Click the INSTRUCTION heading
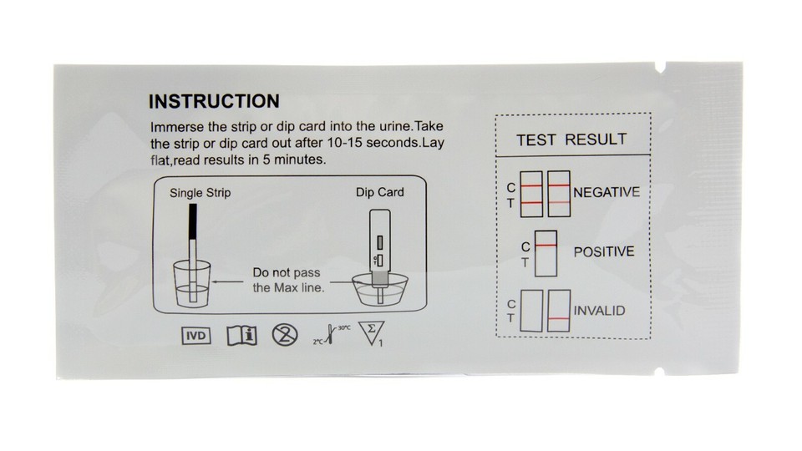(213, 102)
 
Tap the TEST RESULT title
(571, 139)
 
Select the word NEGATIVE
(607, 192)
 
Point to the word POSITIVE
(603, 251)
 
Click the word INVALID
(599, 311)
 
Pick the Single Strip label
(200, 193)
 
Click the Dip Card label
(379, 193)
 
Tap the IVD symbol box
(196, 336)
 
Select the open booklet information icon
(241, 336)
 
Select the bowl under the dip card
(381, 290)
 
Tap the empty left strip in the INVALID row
(531, 311)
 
